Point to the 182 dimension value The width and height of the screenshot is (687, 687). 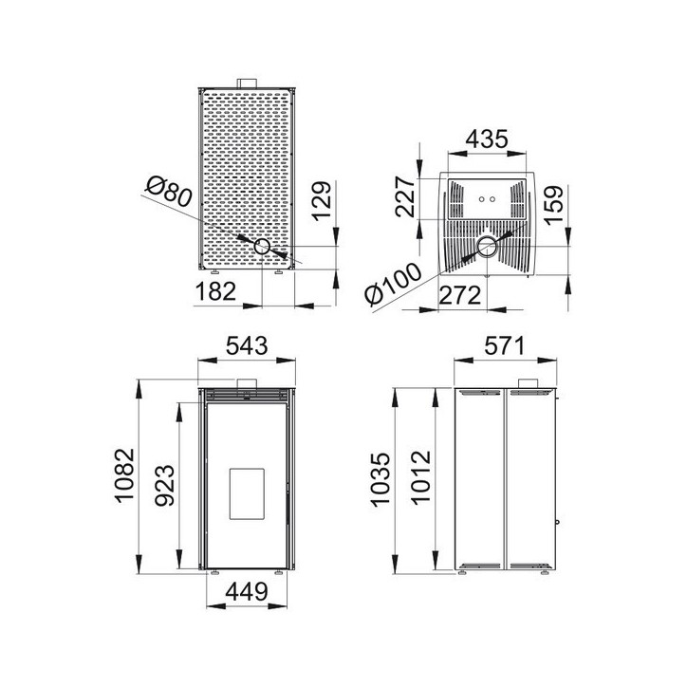(x=215, y=291)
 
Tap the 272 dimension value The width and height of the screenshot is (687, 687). (x=462, y=295)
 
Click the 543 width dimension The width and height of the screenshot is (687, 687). (x=245, y=345)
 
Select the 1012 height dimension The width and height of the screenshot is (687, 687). (x=421, y=480)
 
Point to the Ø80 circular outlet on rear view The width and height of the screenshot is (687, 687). (x=260, y=247)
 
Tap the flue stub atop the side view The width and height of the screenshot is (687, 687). (x=528, y=382)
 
